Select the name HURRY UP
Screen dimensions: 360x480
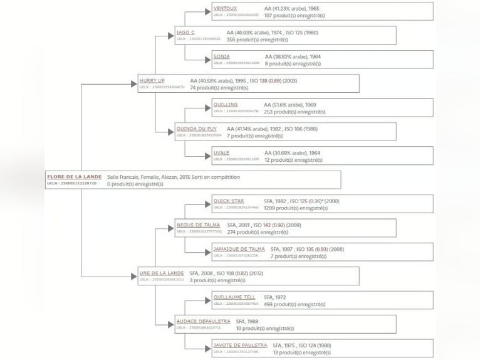pyautogui.click(x=152, y=81)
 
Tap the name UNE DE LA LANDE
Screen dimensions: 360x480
pyautogui.click(x=162, y=273)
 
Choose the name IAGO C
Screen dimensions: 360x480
pyautogui.click(x=185, y=32)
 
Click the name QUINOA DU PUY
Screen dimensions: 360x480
pyautogui.click(x=196, y=129)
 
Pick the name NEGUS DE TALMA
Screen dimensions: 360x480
pyautogui.click(x=197, y=225)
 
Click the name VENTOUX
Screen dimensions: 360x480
pyautogui.click(x=225, y=8)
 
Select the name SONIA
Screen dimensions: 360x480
pyautogui.click(x=221, y=56)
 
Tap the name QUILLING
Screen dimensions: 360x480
pyautogui.click(x=225, y=105)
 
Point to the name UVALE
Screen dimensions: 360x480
pyautogui.click(x=221, y=152)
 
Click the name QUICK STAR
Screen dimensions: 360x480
pyautogui.click(x=229, y=201)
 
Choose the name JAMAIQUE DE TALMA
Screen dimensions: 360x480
pyautogui.click(x=239, y=249)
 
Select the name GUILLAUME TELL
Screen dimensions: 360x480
pyautogui.click(x=234, y=297)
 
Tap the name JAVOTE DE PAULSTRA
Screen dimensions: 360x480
pyautogui.click(x=240, y=345)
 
